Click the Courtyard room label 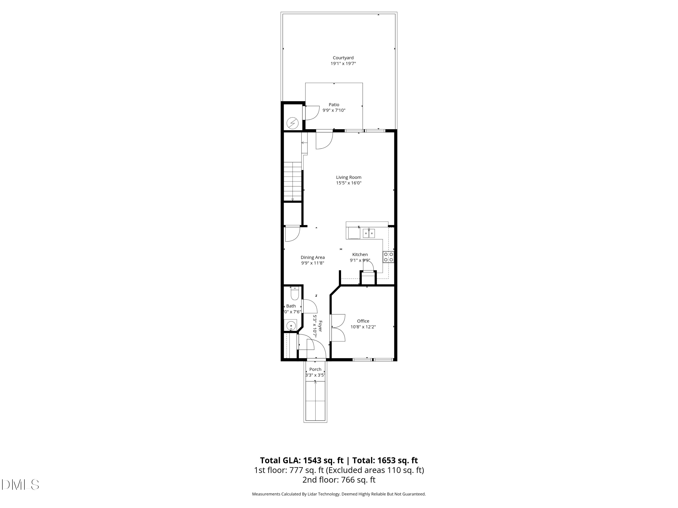click(343, 58)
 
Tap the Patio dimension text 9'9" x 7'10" click(334, 110)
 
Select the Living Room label click(348, 177)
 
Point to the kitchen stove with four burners click(388, 257)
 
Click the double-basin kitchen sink click(369, 233)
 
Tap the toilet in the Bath click(294, 294)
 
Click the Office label click(363, 321)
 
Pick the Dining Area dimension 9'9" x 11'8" click(312, 263)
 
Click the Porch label click(315, 369)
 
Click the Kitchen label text click(360, 254)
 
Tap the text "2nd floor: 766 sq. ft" click(339, 480)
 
